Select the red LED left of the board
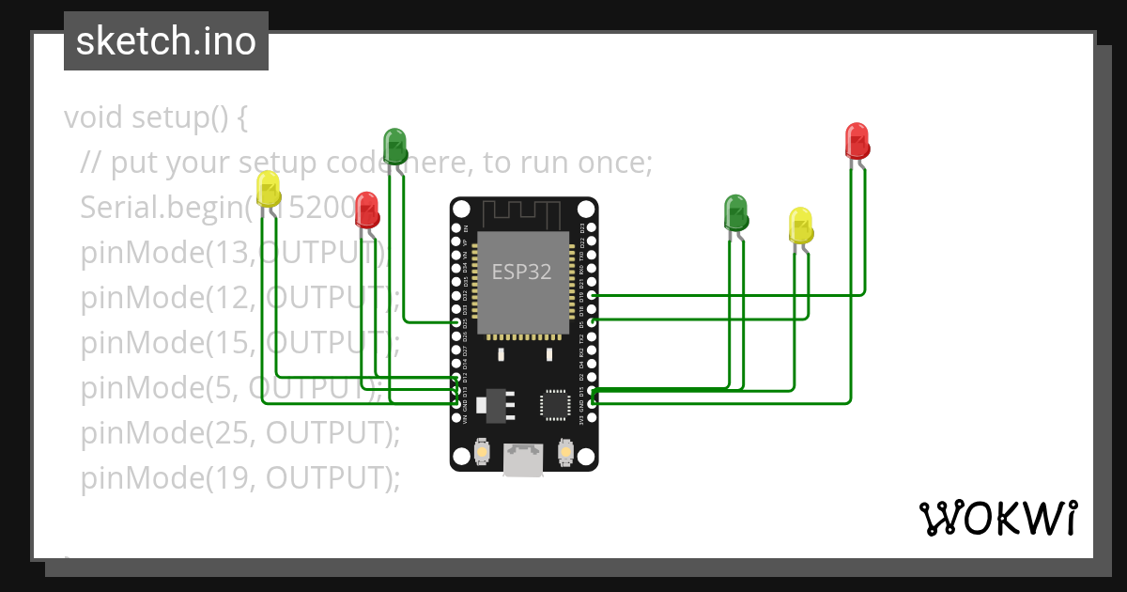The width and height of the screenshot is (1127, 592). pos(367,210)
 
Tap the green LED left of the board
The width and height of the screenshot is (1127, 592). pos(394,147)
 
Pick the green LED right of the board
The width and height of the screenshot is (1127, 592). pos(735,212)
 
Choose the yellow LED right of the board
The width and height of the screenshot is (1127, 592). pos(800,226)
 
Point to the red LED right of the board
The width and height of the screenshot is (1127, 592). pos(857,140)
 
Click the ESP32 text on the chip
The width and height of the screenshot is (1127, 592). pos(522,272)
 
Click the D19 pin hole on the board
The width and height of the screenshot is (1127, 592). pos(592,295)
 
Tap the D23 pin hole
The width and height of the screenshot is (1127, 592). pos(592,228)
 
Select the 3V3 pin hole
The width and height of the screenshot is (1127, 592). pos(592,416)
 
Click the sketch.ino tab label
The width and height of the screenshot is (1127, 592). pos(166,41)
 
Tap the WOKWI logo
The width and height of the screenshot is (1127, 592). pos(997,518)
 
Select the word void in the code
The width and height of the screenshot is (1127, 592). pos(95,118)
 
